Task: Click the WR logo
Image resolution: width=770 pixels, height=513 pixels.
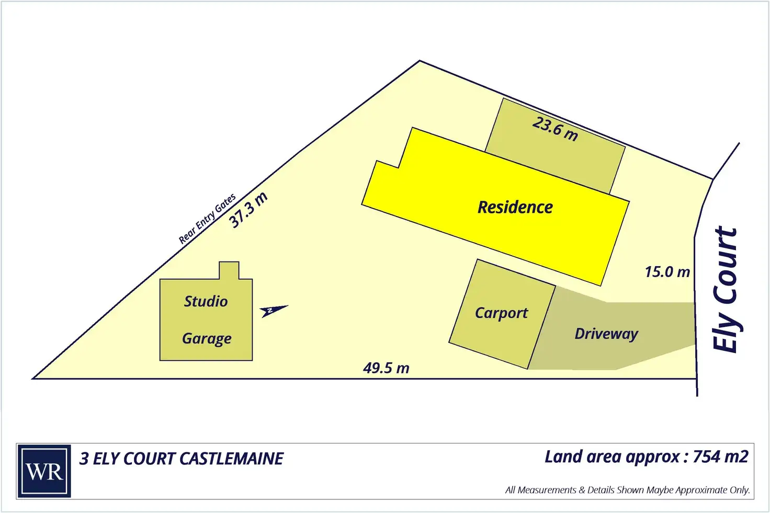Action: (x=44, y=471)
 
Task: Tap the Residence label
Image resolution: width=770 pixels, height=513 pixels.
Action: (x=515, y=207)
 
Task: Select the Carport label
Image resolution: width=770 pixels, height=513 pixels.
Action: (x=501, y=313)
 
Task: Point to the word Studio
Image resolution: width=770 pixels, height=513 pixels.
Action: (x=206, y=301)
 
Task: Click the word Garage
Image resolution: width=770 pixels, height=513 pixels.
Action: (x=207, y=339)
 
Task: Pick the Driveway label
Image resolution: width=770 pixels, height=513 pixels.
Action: (x=606, y=334)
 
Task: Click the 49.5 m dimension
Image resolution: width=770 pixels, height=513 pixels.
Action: (x=386, y=368)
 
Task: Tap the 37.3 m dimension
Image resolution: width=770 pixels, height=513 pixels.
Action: (x=249, y=210)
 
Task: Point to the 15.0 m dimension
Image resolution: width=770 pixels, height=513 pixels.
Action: (x=667, y=272)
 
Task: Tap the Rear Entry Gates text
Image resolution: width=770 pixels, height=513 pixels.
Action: (x=207, y=219)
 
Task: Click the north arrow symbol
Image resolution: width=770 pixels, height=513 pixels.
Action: (x=273, y=311)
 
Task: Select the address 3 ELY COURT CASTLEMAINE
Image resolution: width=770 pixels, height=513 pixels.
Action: (x=181, y=459)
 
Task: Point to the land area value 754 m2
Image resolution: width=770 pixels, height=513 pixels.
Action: (x=720, y=457)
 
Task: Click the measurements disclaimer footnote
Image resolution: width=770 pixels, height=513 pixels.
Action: (x=627, y=490)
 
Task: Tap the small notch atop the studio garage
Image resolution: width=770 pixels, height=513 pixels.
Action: (x=229, y=270)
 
